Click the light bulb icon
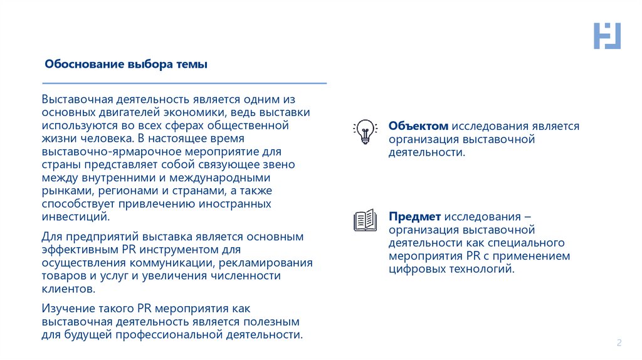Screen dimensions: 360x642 [364, 131]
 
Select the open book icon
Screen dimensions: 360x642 [365, 220]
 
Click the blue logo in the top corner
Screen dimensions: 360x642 [606, 36]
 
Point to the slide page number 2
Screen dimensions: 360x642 [619, 342]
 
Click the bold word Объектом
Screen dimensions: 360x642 [418, 126]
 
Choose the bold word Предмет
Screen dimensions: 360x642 [416, 216]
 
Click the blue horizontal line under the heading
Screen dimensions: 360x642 [184, 83]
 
